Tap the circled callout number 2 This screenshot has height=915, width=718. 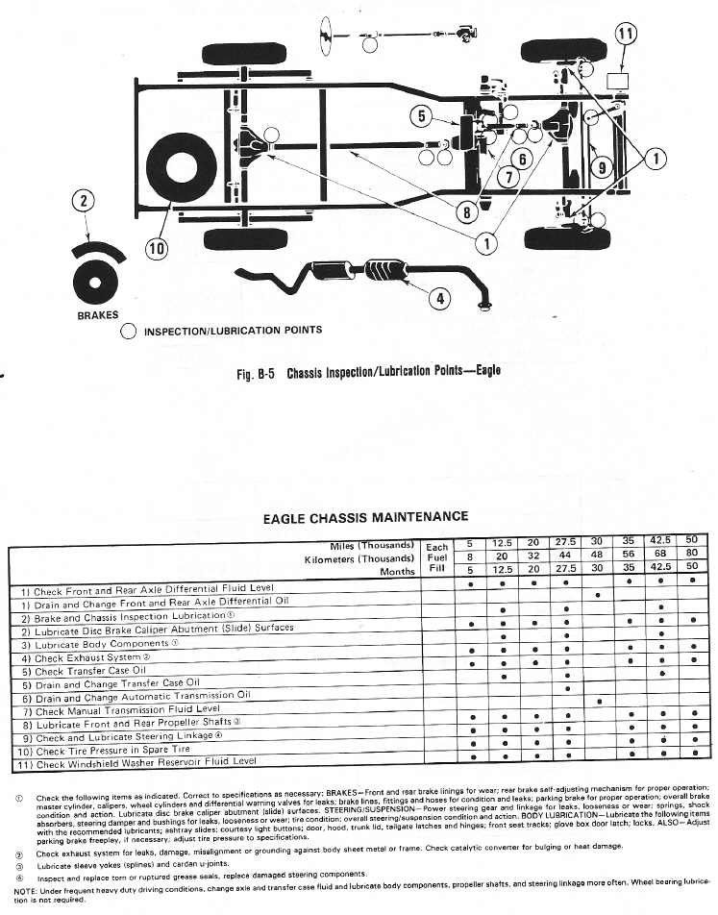(x=86, y=201)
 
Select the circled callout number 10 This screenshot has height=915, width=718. (x=157, y=249)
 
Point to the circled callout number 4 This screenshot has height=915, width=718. (x=439, y=298)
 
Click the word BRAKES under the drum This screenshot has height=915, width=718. (x=97, y=314)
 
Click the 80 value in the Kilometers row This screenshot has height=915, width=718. (x=692, y=555)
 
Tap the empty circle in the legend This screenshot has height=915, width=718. (x=129, y=332)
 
